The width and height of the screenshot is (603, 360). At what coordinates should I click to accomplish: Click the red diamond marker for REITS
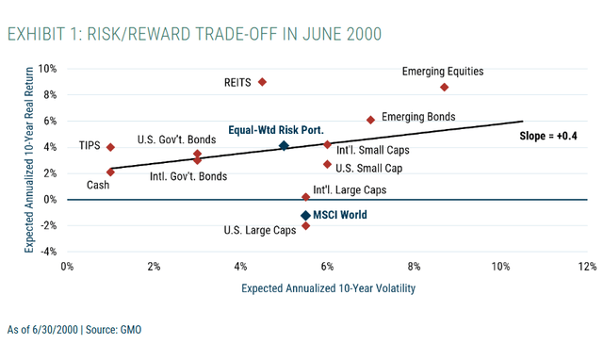pos(262,82)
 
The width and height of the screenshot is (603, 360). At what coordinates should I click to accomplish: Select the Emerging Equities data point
pos(444,87)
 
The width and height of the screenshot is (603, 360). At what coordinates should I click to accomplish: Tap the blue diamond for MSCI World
pos(305,216)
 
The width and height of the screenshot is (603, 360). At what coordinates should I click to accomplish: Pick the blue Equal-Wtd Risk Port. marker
pos(284,146)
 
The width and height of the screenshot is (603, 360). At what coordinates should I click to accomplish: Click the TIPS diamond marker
pos(111,147)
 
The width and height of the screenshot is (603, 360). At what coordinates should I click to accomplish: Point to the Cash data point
pos(111,172)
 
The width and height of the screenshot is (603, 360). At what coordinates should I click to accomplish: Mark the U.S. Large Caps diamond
pos(305,226)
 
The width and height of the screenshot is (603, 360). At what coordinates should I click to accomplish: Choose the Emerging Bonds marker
pos(370,120)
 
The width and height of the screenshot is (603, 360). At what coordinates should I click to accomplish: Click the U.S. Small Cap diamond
pos(327,164)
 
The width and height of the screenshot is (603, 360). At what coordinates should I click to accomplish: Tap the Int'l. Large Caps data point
pos(305,196)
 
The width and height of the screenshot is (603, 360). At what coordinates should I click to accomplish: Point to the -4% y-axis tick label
pos(46,252)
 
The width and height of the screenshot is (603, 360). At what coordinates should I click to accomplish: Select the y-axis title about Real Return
pos(30,160)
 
